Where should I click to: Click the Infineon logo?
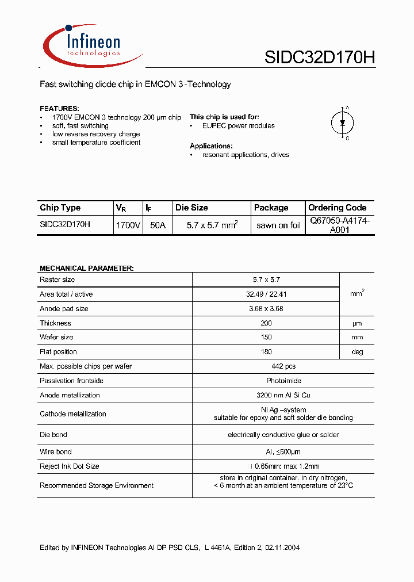point(92,45)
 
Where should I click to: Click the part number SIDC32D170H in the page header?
point(320,58)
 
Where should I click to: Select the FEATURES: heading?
point(59,109)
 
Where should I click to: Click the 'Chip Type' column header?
point(60,208)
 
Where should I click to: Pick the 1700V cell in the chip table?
point(128,225)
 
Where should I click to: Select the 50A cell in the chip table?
point(158,225)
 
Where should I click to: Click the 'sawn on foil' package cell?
point(278,225)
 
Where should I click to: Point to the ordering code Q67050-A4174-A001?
point(339,225)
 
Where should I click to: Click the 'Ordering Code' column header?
point(337,208)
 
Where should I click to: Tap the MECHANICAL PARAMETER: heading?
point(86,269)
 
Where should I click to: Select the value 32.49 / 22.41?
point(266,294)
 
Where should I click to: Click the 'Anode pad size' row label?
point(64,309)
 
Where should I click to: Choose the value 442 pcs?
point(266,366)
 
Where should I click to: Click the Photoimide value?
point(266,381)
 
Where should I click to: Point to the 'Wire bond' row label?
point(56,452)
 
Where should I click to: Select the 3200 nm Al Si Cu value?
point(266,395)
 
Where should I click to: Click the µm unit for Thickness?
point(357,324)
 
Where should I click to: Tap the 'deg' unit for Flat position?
point(357,352)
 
